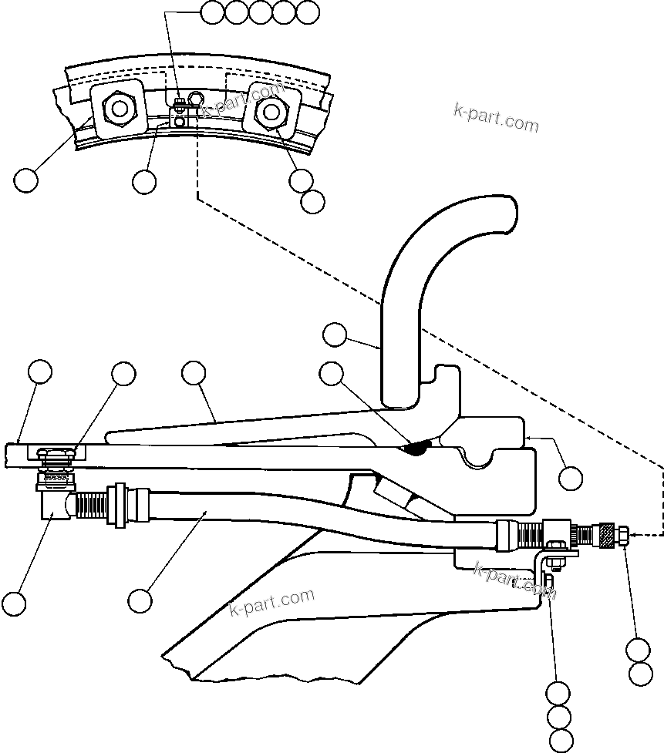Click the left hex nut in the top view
tap(118, 108)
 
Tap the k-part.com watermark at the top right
tap(496, 117)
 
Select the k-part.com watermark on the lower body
tap(272, 602)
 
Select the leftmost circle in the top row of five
tap(212, 12)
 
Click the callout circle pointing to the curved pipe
tap(334, 334)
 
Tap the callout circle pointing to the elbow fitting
tap(13, 602)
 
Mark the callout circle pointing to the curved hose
tap(140, 600)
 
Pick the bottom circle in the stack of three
tap(558, 740)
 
